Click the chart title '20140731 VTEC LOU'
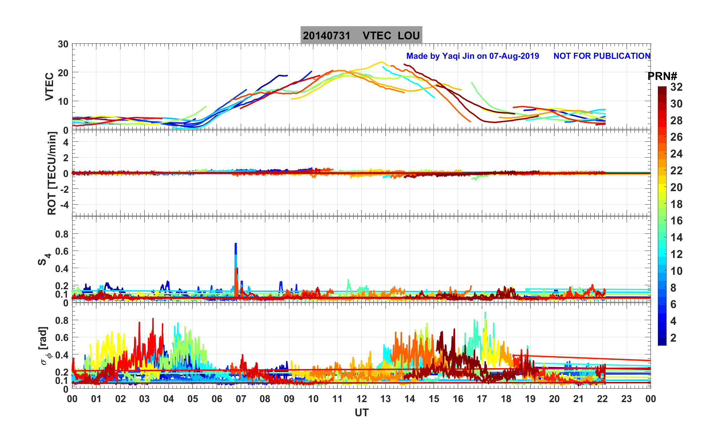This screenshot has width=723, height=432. pyautogui.click(x=361, y=36)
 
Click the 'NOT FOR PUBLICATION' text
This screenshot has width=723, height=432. pyautogui.click(x=602, y=56)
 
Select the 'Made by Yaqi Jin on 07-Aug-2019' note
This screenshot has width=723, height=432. pyautogui.click(x=472, y=56)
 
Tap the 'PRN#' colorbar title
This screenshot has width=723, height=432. pyautogui.click(x=662, y=77)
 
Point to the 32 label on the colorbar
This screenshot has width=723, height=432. pyautogui.click(x=676, y=87)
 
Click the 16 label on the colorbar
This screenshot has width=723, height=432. pyautogui.click(x=676, y=221)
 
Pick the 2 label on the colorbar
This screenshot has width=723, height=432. pyautogui.click(x=673, y=338)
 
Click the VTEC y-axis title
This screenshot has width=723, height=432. pyautogui.click(x=49, y=87)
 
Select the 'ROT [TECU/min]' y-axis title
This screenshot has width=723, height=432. pyautogui.click(x=52, y=173)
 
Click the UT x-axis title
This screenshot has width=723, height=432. pyautogui.click(x=361, y=413)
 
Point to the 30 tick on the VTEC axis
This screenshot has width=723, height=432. pyautogui.click(x=63, y=44)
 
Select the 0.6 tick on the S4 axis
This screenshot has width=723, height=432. pyautogui.click(x=62, y=251)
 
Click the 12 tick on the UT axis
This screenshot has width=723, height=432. pyautogui.click(x=361, y=399)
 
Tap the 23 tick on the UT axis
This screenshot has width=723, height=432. pyautogui.click(x=626, y=399)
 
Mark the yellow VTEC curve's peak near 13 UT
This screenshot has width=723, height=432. pyautogui.click(x=381, y=62)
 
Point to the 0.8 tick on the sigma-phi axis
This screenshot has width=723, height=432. pyautogui.click(x=62, y=320)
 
